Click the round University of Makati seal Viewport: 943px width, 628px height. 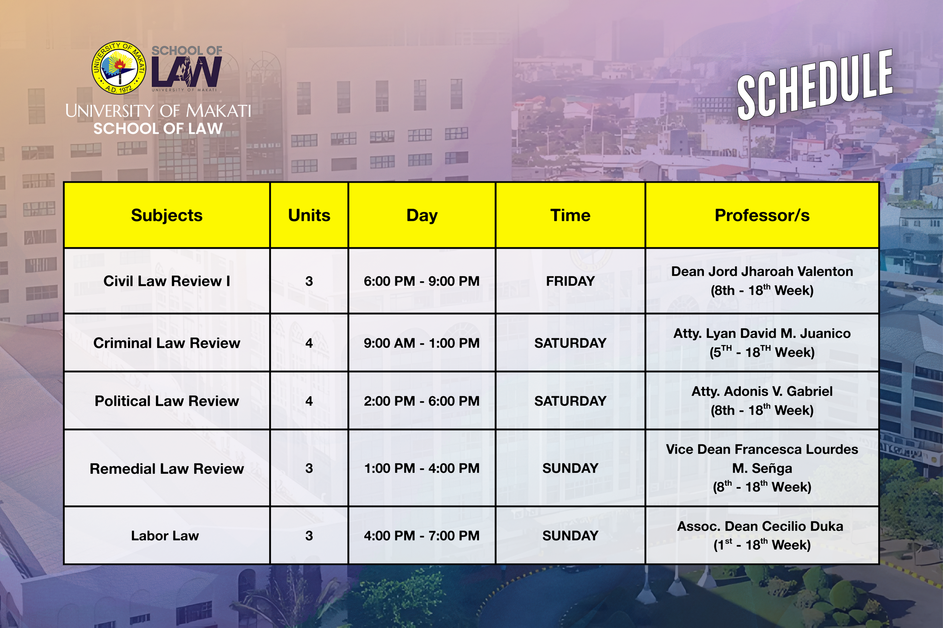pos(119,68)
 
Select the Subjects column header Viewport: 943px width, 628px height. pos(167,215)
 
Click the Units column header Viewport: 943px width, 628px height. pos(309,215)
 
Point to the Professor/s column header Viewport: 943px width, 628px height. pos(762,215)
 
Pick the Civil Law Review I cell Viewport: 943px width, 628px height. pos(167,281)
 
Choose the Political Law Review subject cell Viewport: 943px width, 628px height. pos(167,401)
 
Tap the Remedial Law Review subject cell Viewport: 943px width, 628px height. pos(167,468)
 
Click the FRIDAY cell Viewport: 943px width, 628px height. pos(570,281)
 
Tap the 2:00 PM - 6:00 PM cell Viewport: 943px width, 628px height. pos(421,401)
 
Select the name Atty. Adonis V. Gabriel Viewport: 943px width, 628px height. pos(762,391)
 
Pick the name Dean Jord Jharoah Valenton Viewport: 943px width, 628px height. pos(762,272)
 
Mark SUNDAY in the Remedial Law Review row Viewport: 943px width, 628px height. pos(570,468)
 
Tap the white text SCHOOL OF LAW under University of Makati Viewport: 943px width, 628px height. pos(158,129)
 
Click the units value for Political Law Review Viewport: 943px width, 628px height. pos(309,401)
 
